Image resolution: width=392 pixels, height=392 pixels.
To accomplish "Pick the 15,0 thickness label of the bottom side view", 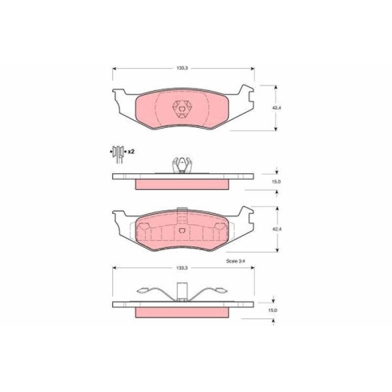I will click(274, 310).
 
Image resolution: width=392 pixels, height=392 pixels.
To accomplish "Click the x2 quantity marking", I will click(130, 151).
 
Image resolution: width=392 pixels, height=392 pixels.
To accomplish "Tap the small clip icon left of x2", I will click(118, 151).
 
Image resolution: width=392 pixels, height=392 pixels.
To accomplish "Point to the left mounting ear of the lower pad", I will click(121, 222).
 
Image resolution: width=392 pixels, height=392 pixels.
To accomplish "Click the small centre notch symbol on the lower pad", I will click(182, 232).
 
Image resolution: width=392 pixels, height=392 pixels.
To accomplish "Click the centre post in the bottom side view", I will click(182, 293).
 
